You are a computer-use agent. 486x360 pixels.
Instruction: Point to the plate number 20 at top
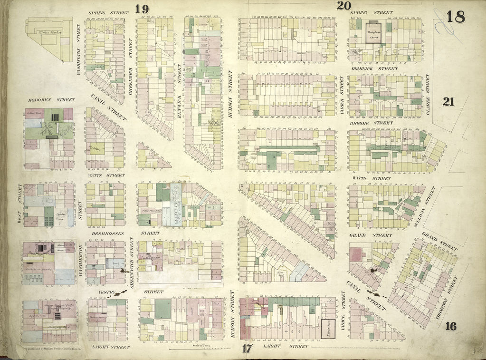[x=343, y=6]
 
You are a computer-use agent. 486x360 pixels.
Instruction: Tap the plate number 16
[x=451, y=326]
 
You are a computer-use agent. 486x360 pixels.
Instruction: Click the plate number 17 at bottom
[x=247, y=348]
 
